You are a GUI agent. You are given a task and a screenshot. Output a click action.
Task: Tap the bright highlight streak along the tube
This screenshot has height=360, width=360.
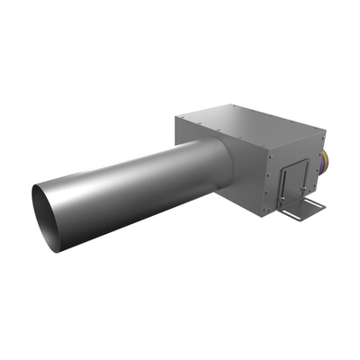click(135, 171)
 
